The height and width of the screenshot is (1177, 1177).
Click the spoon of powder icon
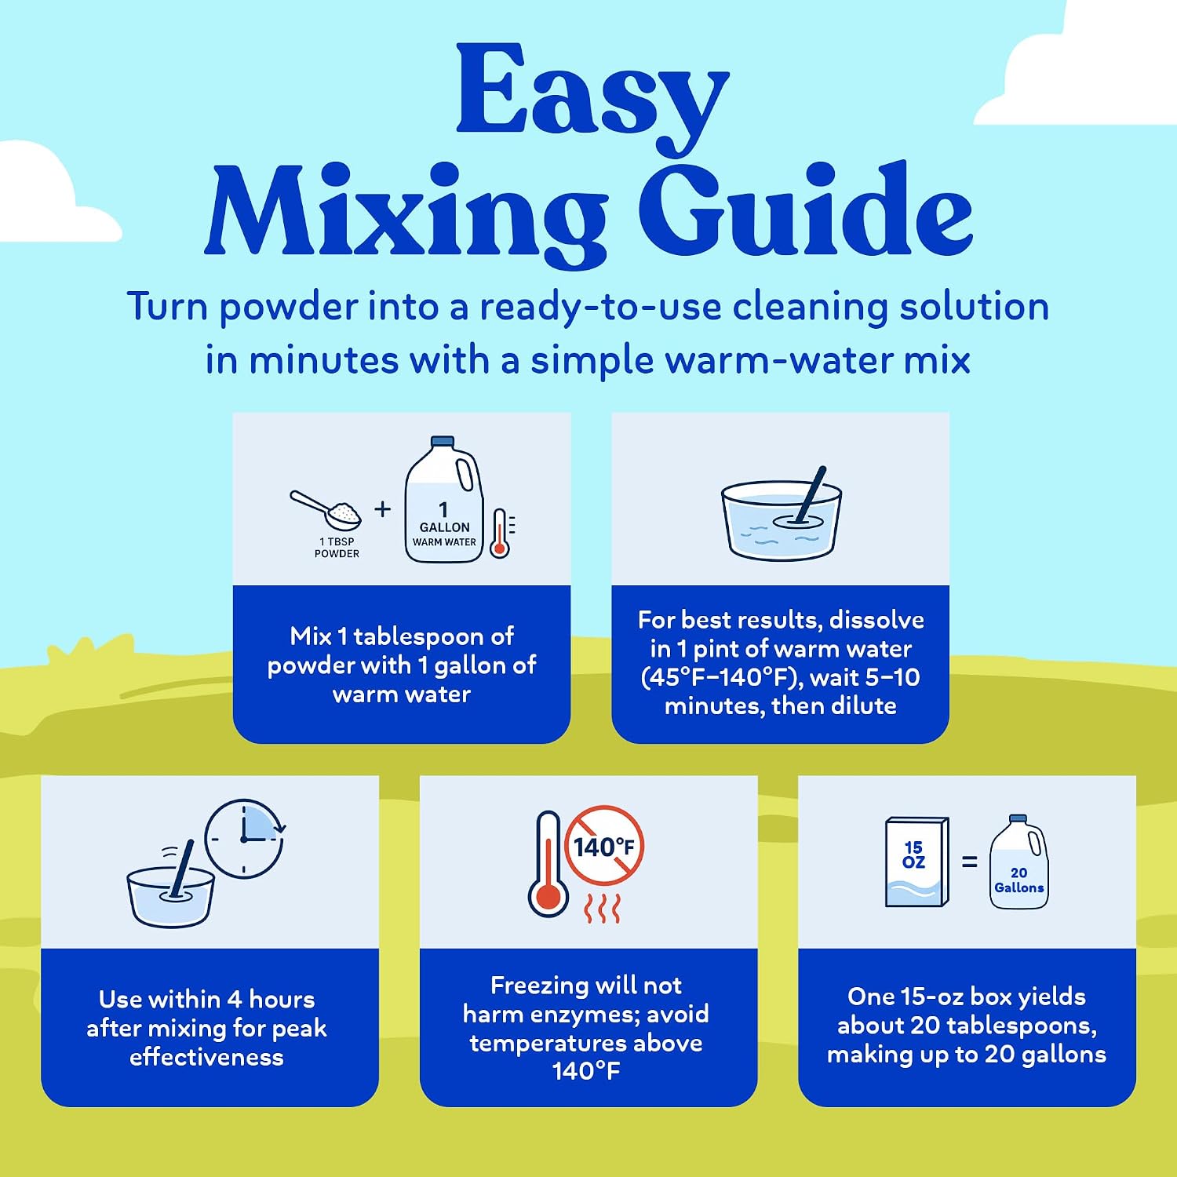(x=326, y=511)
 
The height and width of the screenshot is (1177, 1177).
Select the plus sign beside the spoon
(x=382, y=509)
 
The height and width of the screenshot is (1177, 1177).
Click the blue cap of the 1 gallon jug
(x=443, y=441)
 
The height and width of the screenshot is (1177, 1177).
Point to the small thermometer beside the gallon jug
(x=501, y=534)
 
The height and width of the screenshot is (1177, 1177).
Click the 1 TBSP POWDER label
(x=337, y=548)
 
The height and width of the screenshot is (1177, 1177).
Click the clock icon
(x=245, y=839)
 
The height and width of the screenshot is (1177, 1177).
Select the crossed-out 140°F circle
(x=603, y=847)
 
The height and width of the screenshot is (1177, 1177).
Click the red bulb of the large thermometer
(x=548, y=896)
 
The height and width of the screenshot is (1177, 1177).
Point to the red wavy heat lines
(x=603, y=908)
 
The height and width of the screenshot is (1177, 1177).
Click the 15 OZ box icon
(x=916, y=862)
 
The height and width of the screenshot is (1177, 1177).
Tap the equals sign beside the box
(x=970, y=862)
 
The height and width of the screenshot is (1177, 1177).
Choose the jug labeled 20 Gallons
(x=1018, y=862)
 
